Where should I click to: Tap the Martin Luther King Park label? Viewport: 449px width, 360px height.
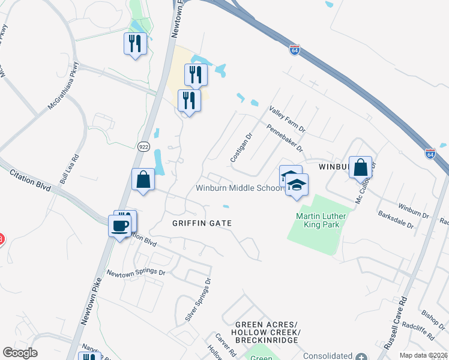318,220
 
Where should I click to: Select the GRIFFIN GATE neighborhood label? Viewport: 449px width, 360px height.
202,223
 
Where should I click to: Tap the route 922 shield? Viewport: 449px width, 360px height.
143,146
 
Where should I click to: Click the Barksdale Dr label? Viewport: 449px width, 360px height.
395,220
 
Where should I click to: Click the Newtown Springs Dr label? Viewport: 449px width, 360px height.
136,272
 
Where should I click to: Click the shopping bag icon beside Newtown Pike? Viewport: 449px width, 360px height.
143,179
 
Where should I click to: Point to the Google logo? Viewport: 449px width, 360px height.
20,353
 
